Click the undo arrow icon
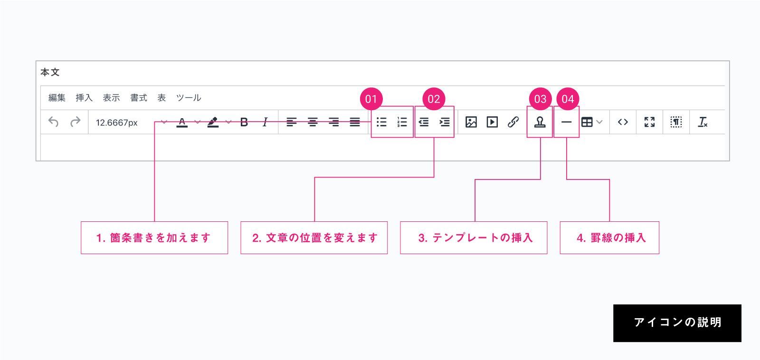pyautogui.click(x=53, y=122)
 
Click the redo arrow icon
pyautogui.click(x=76, y=122)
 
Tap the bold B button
pyautogui.click(x=244, y=122)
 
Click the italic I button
pyautogui.click(x=265, y=122)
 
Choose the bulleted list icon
pyautogui.click(x=381, y=122)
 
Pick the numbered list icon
pyautogui.click(x=402, y=122)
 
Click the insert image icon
pyautogui.click(x=471, y=122)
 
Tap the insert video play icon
pyautogui.click(x=492, y=122)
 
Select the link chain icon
pyautogui.click(x=513, y=122)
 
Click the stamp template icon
pyautogui.click(x=540, y=122)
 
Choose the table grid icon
pyautogui.click(x=587, y=122)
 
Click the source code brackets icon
pyautogui.click(x=623, y=122)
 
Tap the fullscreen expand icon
pyautogui.click(x=649, y=122)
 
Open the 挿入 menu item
pyautogui.click(x=84, y=98)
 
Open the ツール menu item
pyautogui.click(x=188, y=98)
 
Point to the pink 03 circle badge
pyautogui.click(x=540, y=99)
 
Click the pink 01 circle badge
pyautogui.click(x=371, y=99)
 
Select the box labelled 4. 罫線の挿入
pyautogui.click(x=609, y=237)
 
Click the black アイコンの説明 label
pyautogui.click(x=677, y=323)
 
